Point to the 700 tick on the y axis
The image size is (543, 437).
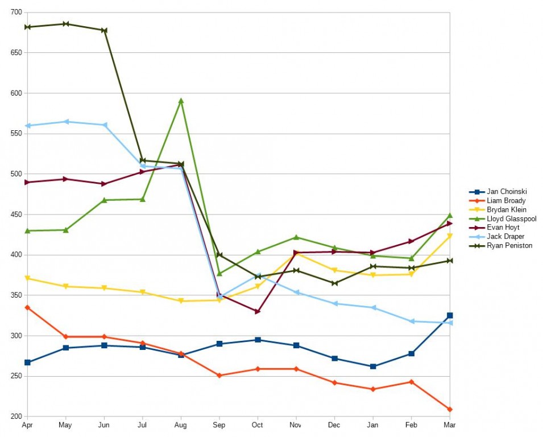point(16,13)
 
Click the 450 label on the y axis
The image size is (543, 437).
point(16,215)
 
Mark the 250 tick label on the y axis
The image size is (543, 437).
point(16,377)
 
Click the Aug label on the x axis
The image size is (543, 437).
point(181,425)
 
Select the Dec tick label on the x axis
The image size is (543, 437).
point(334,425)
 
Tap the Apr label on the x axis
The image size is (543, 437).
point(27,425)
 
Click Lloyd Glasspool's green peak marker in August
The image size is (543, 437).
point(181,101)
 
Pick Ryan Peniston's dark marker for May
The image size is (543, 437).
point(66,24)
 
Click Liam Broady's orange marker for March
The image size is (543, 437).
point(450,410)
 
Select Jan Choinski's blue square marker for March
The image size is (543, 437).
point(450,315)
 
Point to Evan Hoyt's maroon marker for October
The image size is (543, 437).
point(258,312)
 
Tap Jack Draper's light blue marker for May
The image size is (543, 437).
point(66,122)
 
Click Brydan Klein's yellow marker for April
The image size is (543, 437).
point(27,278)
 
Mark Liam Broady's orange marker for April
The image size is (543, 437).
point(27,307)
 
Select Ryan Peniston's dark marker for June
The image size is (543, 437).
point(104,30)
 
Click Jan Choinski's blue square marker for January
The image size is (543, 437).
point(373,366)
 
